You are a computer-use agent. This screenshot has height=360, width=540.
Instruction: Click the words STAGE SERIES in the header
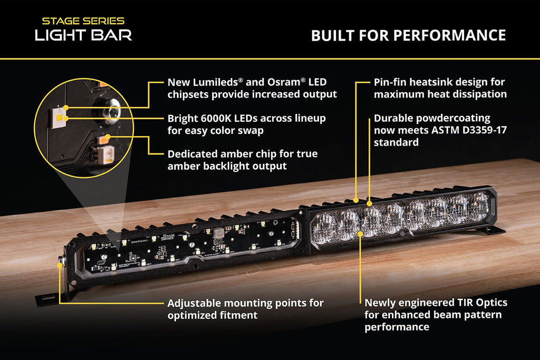tap(83, 22)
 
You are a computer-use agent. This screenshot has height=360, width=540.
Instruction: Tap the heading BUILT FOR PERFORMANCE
tap(408, 35)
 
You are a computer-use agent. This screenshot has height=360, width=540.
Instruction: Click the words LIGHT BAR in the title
tap(83, 35)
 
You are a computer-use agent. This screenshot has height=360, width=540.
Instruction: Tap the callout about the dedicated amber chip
tap(243, 160)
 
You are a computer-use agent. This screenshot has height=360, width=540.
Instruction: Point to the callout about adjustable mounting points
tap(245, 309)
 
